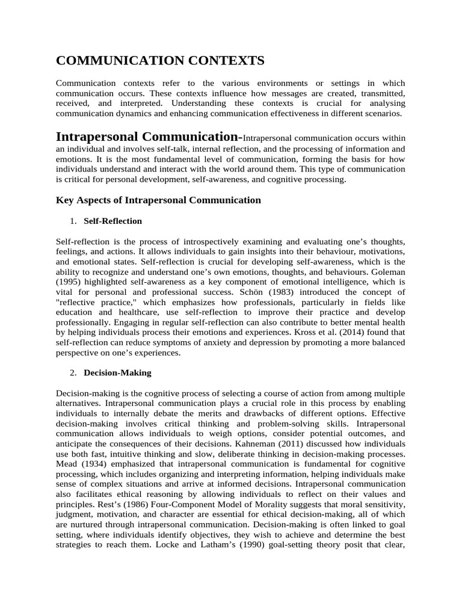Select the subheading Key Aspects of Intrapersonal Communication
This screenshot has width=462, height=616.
click(x=158, y=200)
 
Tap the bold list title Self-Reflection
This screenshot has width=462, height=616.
click(x=113, y=221)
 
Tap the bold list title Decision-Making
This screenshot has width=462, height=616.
click(x=117, y=372)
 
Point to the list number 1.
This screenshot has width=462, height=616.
click(x=72, y=221)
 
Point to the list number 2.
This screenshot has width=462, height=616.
click(x=72, y=372)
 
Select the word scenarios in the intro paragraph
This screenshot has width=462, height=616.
click(x=384, y=112)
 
